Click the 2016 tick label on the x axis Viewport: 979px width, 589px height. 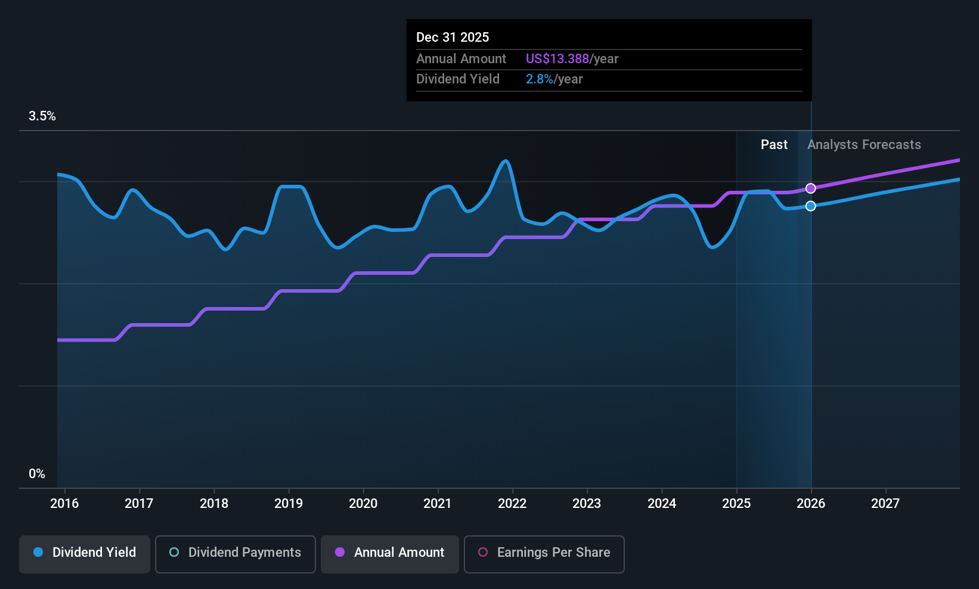(64, 504)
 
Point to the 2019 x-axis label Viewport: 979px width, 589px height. (289, 504)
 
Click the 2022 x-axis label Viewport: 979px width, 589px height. (512, 504)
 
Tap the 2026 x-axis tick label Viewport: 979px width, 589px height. (811, 504)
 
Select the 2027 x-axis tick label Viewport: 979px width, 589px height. (885, 504)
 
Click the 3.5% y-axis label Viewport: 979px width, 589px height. (42, 116)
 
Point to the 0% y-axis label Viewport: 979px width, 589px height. (37, 474)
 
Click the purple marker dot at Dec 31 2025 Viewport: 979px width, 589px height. (811, 188)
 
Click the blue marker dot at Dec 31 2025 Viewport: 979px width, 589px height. (811, 206)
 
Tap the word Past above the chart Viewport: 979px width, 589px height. (774, 145)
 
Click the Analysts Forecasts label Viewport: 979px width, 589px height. (864, 145)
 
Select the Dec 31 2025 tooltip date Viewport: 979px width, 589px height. (453, 38)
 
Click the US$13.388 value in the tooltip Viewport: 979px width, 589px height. (557, 59)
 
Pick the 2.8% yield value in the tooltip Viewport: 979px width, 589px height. (539, 79)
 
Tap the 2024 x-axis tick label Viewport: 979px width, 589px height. (662, 504)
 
